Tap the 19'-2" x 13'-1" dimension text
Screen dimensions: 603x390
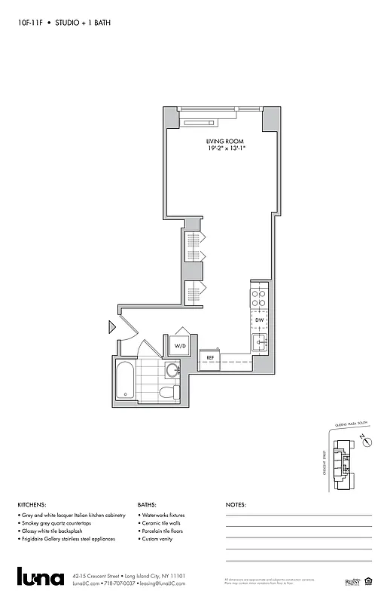(226, 149)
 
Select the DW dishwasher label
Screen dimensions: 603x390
(259, 320)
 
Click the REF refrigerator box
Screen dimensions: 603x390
(210, 357)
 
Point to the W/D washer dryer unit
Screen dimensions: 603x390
(181, 346)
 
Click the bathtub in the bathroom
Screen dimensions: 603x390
(126, 381)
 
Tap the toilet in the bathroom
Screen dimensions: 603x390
(169, 392)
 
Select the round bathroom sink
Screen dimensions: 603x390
(172, 369)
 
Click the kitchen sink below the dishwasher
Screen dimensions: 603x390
(259, 343)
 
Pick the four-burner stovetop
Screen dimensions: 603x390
(259, 299)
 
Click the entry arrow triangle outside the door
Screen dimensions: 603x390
(111, 326)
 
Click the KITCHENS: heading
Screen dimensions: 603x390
(32, 504)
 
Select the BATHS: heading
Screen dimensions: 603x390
(148, 504)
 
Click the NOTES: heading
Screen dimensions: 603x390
(236, 504)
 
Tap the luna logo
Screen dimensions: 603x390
(41, 576)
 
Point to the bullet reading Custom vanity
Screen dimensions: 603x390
(160, 539)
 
